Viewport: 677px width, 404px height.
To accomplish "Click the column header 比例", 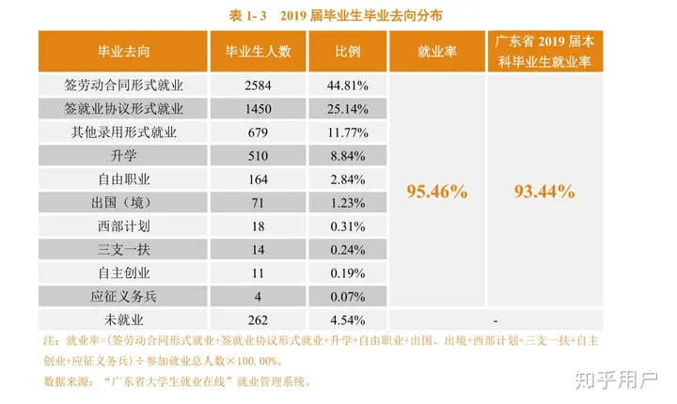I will click(348, 52).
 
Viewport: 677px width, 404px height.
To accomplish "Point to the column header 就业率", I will click(436, 52).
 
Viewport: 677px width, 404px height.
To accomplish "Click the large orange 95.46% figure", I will click(436, 191).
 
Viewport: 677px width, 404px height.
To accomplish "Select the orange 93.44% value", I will click(544, 191).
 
